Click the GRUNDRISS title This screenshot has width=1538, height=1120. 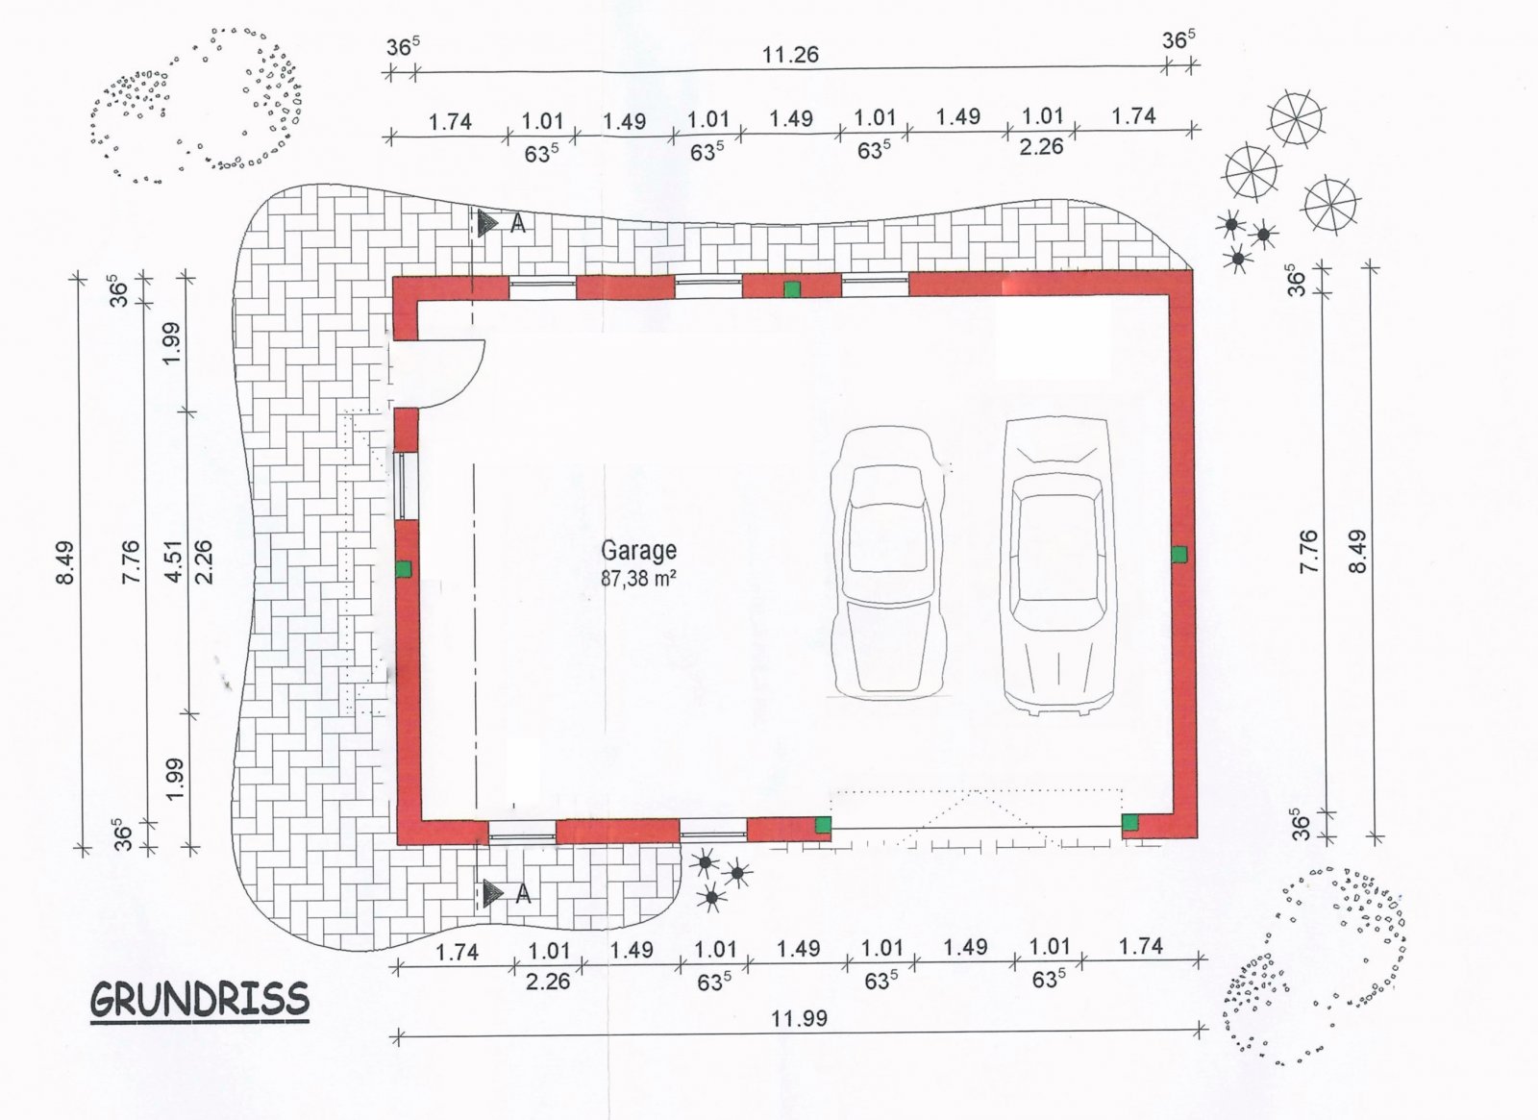(199, 1000)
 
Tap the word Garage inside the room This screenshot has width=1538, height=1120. (638, 550)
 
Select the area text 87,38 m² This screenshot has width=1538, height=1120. (638, 578)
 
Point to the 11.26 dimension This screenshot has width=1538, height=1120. (790, 54)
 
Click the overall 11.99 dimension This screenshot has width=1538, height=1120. (799, 1018)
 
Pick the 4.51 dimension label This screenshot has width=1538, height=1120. (174, 561)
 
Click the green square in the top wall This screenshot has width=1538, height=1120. (792, 289)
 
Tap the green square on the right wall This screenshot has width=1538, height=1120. (1178, 554)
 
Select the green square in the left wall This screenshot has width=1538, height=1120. (404, 568)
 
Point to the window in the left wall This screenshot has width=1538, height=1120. (405, 486)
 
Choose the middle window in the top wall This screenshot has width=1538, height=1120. (707, 287)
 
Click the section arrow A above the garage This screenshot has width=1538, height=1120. (489, 224)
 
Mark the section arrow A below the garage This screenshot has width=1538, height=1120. (493, 893)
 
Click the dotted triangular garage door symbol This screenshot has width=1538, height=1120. (977, 818)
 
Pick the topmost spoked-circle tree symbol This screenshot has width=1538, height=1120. (1297, 119)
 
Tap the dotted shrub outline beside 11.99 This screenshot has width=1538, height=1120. (1313, 965)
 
